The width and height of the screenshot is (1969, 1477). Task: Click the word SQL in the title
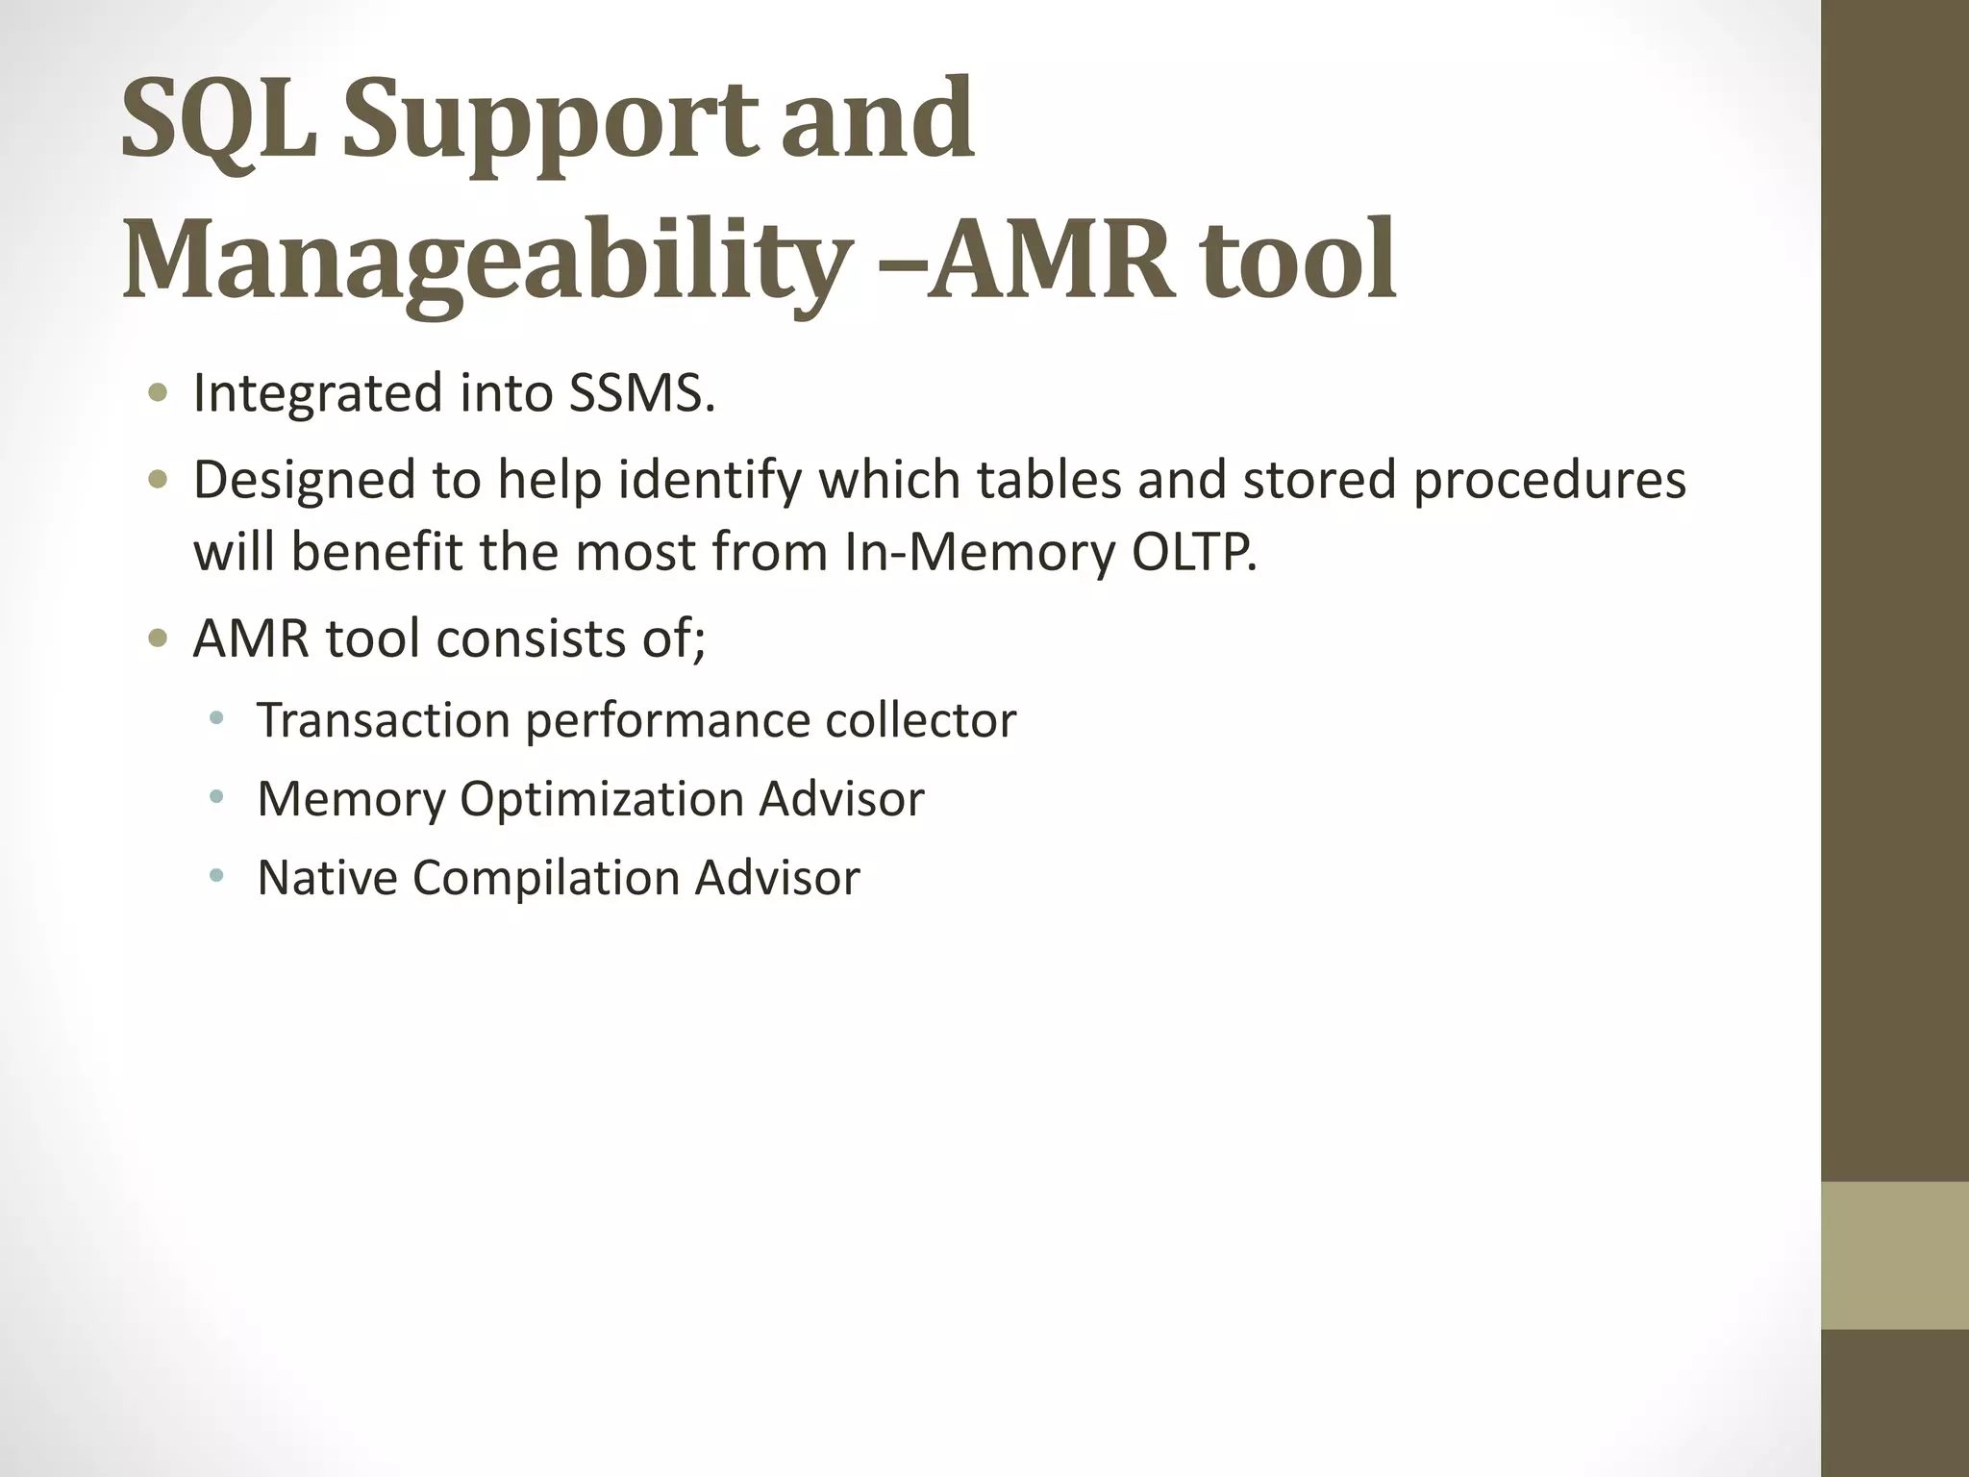219,120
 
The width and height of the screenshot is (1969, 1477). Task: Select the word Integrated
318,395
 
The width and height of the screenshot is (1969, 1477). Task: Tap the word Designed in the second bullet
304,481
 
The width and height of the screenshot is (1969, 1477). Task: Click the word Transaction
383,720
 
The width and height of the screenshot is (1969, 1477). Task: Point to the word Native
327,878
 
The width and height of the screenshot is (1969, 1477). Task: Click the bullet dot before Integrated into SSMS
159,393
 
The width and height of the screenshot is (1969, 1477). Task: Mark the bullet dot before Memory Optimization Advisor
217,797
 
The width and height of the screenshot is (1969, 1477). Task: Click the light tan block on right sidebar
1894,1255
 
